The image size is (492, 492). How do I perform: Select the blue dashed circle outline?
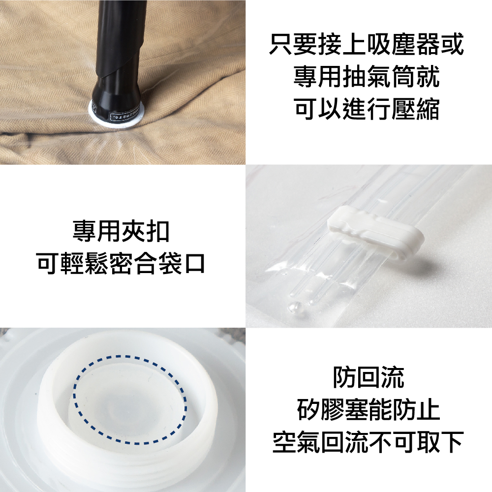(x=129, y=400)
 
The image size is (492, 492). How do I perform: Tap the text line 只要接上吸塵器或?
(x=366, y=45)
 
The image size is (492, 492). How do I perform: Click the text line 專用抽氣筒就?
(x=366, y=77)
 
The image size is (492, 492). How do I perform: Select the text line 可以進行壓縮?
(x=366, y=109)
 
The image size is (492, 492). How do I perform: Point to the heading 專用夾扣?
(x=121, y=231)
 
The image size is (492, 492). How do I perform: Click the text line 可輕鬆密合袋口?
(x=121, y=263)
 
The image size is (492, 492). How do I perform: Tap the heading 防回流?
(x=368, y=377)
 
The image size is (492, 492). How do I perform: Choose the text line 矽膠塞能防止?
(x=368, y=409)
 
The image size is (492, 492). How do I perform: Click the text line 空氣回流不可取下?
(x=368, y=441)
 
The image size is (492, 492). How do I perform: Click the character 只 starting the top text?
(x=281, y=45)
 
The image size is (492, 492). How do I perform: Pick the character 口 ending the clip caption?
(x=194, y=263)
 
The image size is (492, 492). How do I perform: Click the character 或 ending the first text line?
(x=452, y=45)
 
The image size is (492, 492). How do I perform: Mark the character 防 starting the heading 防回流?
(x=344, y=377)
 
